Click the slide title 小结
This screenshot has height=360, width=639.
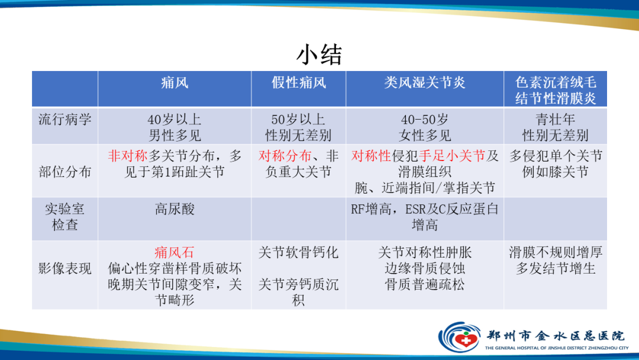[319, 55]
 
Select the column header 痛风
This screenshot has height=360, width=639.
[175, 83]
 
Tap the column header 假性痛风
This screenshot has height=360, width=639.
[299, 83]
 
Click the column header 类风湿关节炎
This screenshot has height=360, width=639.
[424, 83]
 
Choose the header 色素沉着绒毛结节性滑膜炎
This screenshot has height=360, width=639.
[555, 90]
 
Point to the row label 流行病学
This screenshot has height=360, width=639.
[65, 119]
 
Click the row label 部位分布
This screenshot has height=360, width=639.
[65, 172]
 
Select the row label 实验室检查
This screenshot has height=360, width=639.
[65, 217]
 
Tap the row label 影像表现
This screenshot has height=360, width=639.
[65, 268]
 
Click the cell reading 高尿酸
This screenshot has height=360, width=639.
[175, 209]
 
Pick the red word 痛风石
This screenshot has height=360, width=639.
[175, 253]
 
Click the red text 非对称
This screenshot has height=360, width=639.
[127, 156]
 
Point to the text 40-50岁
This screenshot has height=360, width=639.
[424, 118]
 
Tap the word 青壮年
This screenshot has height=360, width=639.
[555, 118]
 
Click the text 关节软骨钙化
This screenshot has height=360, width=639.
[299, 253]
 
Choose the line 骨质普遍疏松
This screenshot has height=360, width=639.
[424, 284]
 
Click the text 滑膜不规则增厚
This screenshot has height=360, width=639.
[555, 253]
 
